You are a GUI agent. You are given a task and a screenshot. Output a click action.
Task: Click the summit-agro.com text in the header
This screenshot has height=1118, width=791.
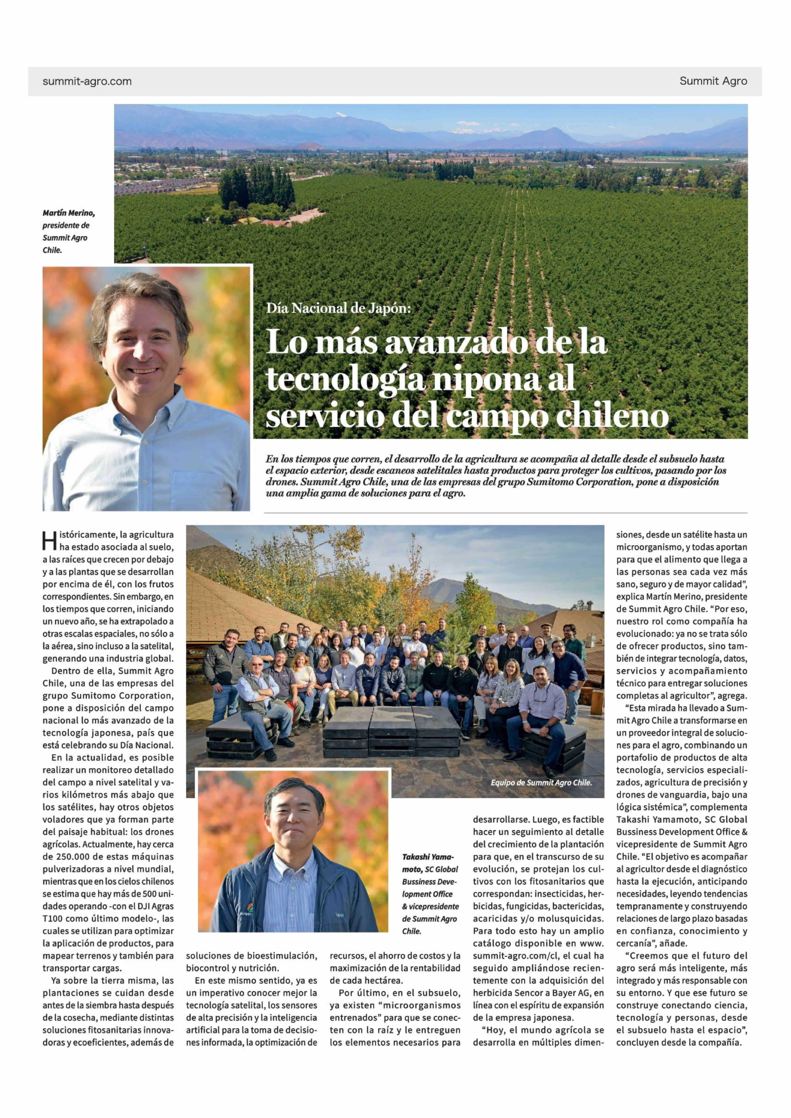[87, 81]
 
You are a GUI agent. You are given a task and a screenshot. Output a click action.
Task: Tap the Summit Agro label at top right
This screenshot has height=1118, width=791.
[713, 81]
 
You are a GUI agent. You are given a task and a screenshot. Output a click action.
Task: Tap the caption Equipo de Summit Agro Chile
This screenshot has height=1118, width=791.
[541, 783]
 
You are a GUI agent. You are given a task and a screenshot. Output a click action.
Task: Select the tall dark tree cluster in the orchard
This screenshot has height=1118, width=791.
[256, 187]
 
